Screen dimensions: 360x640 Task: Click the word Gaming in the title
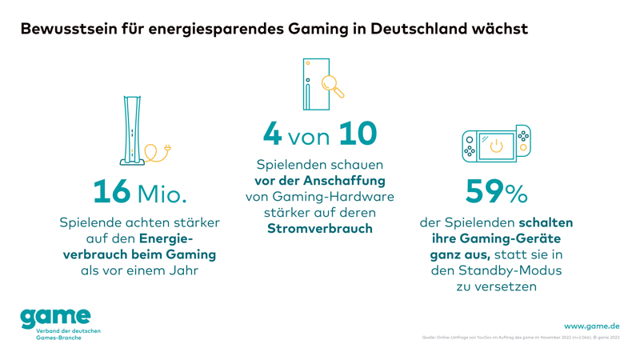[x=318, y=30]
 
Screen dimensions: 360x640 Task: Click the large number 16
[x=112, y=191]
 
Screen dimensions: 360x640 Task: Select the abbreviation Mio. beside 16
[x=162, y=193]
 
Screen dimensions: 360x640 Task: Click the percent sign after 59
[x=517, y=193]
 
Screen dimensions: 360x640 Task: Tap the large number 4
[x=273, y=134]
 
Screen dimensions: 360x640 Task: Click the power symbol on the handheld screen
[x=496, y=146]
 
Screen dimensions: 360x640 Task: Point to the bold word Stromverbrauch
[x=319, y=229]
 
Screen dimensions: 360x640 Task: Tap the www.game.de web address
[x=591, y=326]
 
